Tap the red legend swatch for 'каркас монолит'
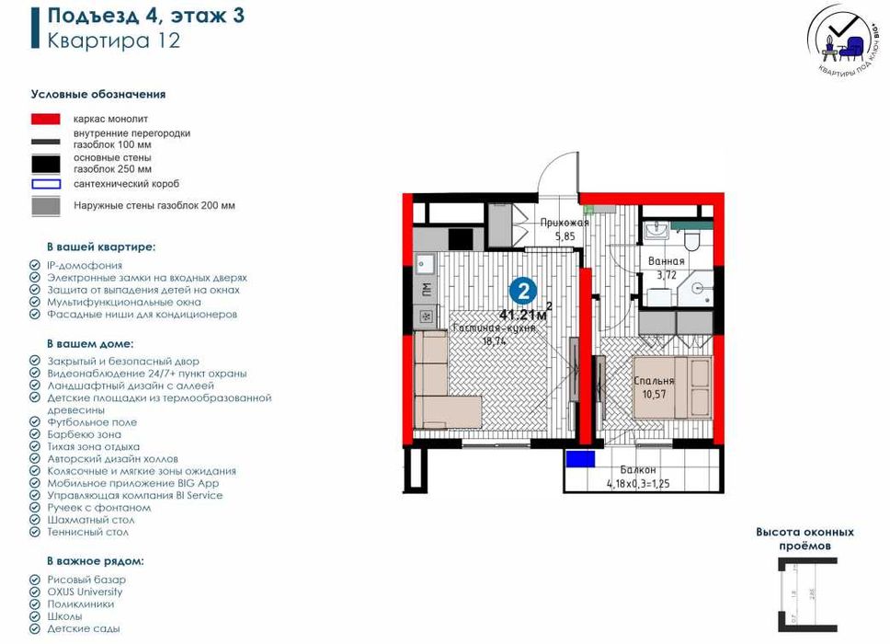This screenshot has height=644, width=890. coord(46,120)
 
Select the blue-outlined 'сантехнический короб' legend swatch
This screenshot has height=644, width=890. coord(46,183)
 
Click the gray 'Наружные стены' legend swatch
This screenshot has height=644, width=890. coord(46,206)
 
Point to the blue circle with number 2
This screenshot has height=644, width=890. coord(523,292)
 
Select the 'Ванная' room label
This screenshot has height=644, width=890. coord(666,262)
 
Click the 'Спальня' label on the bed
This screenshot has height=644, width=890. coord(655,381)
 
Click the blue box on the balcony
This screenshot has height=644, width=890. coord(579,459)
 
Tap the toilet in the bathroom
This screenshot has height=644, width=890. coord(693,238)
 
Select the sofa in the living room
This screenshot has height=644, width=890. coord(442,382)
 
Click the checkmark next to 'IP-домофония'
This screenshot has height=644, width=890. coord(35,265)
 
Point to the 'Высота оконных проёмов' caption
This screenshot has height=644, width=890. coord(804,538)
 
